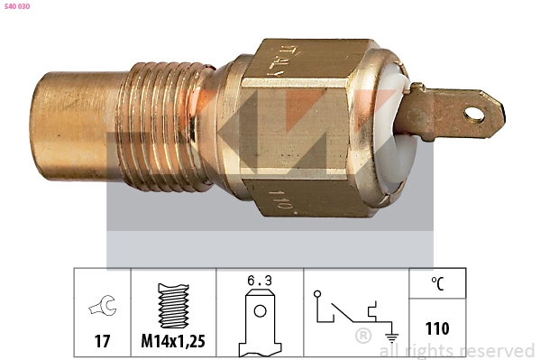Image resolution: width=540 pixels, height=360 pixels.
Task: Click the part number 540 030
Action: (x=17, y=6)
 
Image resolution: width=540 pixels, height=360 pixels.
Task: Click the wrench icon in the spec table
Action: (x=102, y=308)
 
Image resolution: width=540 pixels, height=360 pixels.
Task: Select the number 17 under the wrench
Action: (x=102, y=342)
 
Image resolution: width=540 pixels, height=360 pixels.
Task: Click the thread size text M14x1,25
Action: (x=174, y=342)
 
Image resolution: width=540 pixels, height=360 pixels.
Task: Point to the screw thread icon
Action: (x=174, y=306)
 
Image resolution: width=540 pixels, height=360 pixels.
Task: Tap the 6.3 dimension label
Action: (x=260, y=282)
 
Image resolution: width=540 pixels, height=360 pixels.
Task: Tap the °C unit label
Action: (x=437, y=282)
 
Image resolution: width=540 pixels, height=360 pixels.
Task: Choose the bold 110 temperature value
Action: (x=437, y=328)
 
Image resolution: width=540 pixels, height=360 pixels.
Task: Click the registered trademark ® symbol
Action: (x=363, y=337)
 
